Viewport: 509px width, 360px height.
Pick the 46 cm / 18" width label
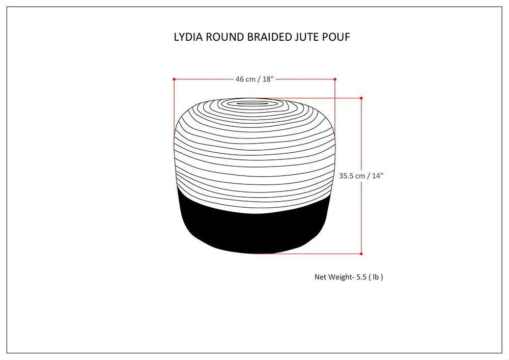tap(254, 79)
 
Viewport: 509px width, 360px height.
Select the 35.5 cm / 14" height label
tap(361, 176)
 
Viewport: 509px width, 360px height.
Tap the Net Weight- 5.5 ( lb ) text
tap(349, 277)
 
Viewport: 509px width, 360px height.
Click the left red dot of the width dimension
tap(174, 79)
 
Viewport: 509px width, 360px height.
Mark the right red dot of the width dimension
tap(335, 79)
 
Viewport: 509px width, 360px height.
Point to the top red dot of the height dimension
tap(361, 98)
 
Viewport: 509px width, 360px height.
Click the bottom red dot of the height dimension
tap(361, 254)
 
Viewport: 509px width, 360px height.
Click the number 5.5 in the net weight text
tap(360, 277)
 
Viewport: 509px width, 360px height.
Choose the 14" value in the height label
tap(377, 176)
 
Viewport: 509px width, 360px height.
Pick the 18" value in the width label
tap(268, 79)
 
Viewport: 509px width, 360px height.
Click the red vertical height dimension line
tap(361, 214)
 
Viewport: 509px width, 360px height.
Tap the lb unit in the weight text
tap(376, 277)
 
